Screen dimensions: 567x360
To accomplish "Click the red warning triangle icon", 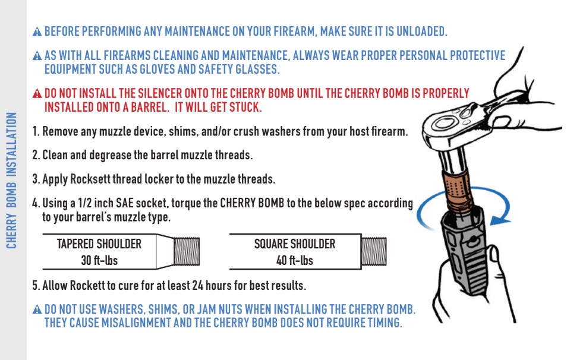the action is tap(37, 94).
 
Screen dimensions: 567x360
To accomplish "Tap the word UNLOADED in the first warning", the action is tap(421, 31).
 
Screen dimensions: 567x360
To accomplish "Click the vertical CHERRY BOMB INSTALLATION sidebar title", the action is tap(11, 181).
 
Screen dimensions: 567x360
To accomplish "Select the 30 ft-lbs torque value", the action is tap(99, 260).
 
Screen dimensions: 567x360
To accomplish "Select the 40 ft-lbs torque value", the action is tap(295, 260).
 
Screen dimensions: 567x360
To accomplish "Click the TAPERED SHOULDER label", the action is tap(99, 244).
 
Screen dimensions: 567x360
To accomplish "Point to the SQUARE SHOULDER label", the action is tap(295, 244).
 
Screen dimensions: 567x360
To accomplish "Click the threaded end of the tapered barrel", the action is tap(187, 251).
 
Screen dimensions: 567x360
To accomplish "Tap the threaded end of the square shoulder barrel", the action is tap(374, 251).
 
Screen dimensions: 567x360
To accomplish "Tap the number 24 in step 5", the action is tap(198, 286).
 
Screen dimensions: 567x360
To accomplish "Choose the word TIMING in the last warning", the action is tap(383, 323).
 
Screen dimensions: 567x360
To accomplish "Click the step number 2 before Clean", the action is tap(34, 155).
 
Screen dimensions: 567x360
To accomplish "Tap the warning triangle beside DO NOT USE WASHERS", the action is tap(37, 310).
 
